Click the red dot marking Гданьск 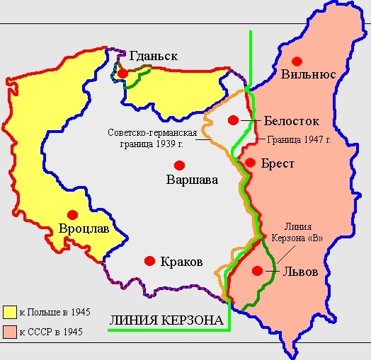pos(123,73)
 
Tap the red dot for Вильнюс pos(297,60)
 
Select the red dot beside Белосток pos(234,120)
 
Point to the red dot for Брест pos(250,162)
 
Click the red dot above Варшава pos(180,165)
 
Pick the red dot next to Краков pos(149,261)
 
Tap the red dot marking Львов pos(258,269)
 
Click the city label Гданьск pos(152,56)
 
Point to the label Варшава pos(191,180)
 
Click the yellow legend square pos(10,312)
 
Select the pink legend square pos(10,331)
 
